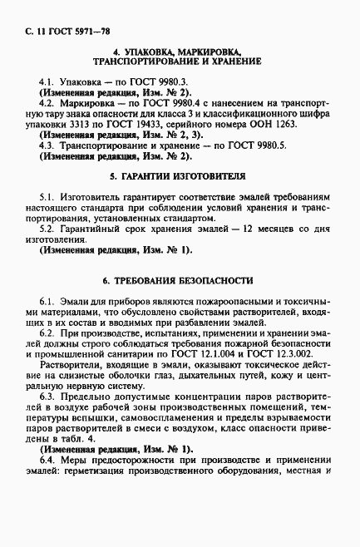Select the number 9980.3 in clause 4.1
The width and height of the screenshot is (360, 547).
(171, 82)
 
